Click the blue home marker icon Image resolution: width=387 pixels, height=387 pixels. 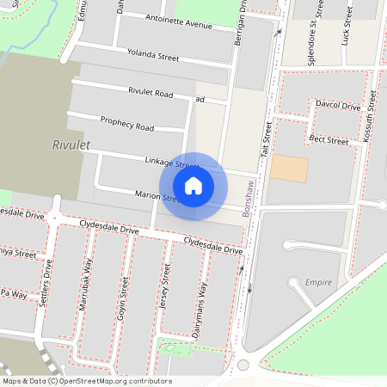[x=193, y=185]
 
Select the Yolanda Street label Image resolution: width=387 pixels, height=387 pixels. [x=152, y=57]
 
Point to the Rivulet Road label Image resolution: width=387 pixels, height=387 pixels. [x=150, y=92]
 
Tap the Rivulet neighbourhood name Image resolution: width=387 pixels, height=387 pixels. [x=71, y=145]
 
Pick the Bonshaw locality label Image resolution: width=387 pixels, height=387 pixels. [x=251, y=197]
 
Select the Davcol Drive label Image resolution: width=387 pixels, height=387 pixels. [x=337, y=106]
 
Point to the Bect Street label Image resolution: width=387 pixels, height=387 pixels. [x=328, y=139]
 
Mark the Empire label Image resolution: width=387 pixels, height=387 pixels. [x=318, y=282]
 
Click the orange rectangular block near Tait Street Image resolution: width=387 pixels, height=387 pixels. [x=288, y=168]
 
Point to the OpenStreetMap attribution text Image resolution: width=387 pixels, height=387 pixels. [x=86, y=381]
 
